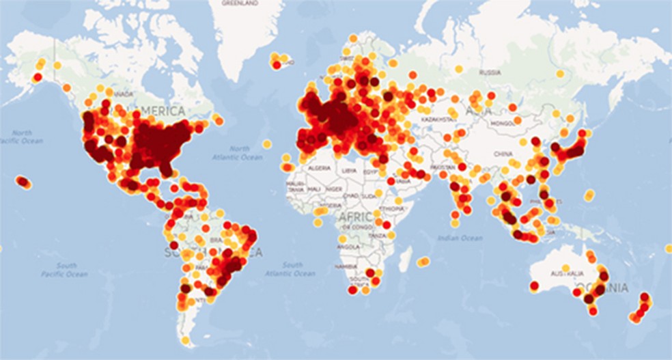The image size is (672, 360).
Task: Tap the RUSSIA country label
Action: pos(490,72)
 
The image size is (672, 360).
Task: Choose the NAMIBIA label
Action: pos(346,265)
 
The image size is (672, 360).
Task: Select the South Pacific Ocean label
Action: pos(67,270)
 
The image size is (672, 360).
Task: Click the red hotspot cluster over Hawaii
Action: pos(23,182)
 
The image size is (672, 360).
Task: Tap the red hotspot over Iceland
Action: pos(277,65)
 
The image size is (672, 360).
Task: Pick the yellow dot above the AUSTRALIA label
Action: pos(565,267)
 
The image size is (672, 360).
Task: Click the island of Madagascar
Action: pos(405,258)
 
